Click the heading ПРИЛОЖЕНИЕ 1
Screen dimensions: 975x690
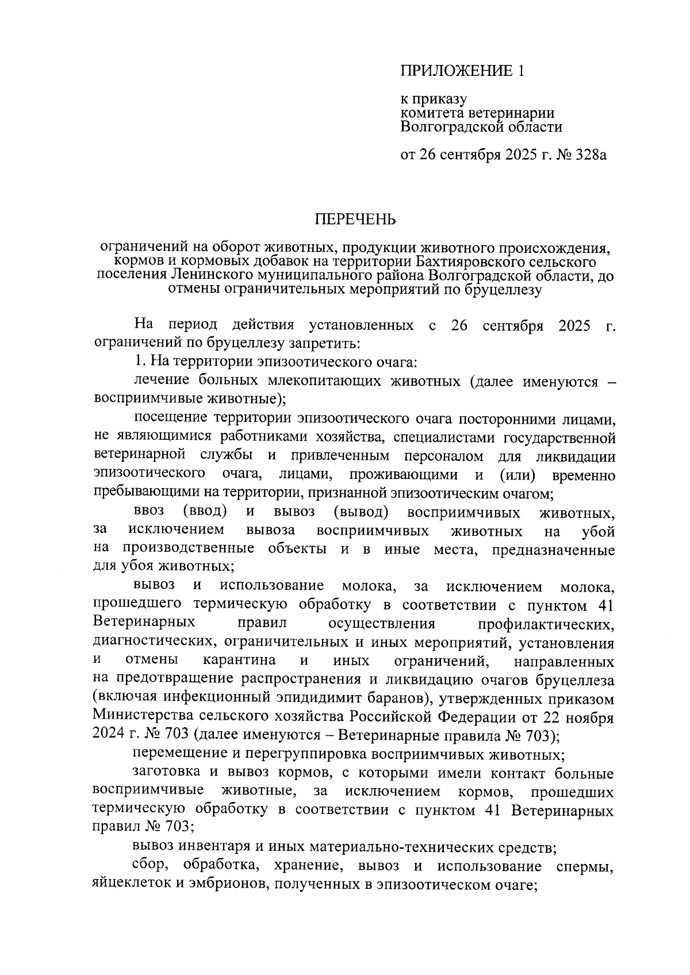pos(462,71)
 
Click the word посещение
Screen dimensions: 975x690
pos(168,418)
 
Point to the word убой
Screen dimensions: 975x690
pos(598,531)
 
